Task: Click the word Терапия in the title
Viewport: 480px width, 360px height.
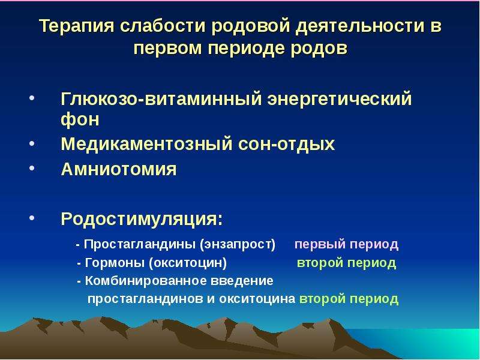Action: pos(77,26)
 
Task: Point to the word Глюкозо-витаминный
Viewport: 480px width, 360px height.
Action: pos(161,98)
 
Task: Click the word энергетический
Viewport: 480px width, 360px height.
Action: pos(340,99)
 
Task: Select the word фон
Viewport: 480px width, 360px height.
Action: pos(80,119)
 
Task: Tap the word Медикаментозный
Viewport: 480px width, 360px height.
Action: pos(146,143)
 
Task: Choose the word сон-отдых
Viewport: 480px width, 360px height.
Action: pos(286,144)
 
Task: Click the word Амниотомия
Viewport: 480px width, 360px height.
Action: pos(119,169)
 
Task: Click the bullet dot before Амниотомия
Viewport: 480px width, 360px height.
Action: pos(32,168)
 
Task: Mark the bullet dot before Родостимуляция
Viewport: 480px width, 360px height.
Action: pos(32,217)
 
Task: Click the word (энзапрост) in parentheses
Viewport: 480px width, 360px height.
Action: pos(238,244)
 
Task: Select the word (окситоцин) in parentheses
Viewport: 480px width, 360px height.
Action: pos(188,263)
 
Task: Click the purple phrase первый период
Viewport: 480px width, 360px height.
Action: pos(347,244)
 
